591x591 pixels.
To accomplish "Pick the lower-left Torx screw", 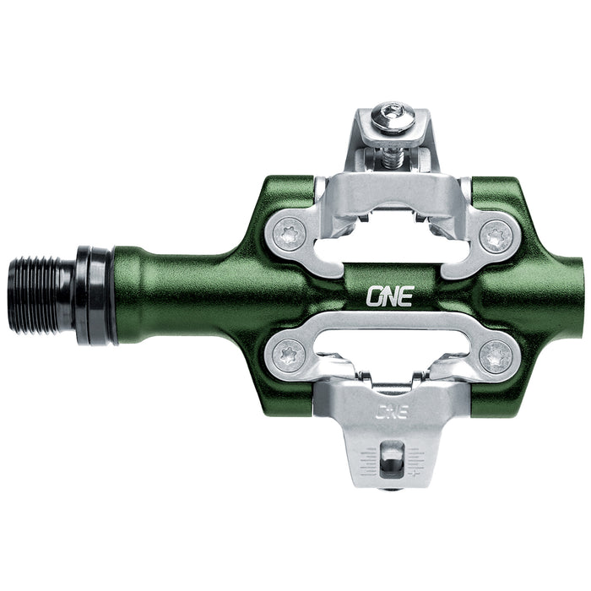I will click(x=290, y=352).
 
